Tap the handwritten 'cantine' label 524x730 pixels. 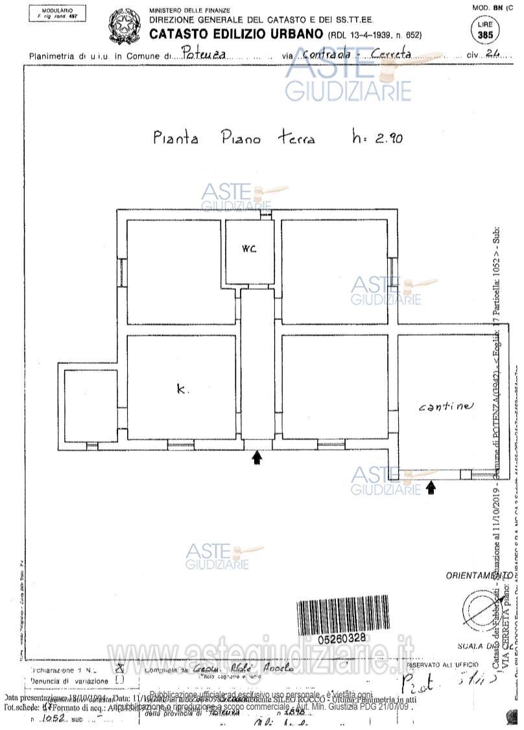pyautogui.click(x=446, y=407)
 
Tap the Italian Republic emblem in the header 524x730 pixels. pyautogui.click(x=123, y=25)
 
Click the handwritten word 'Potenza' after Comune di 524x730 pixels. pyautogui.click(x=204, y=55)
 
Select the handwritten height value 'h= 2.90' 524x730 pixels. pyautogui.click(x=376, y=138)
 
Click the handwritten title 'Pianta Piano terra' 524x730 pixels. pyautogui.click(x=233, y=138)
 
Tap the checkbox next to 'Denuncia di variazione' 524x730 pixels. pyautogui.click(x=119, y=679)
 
